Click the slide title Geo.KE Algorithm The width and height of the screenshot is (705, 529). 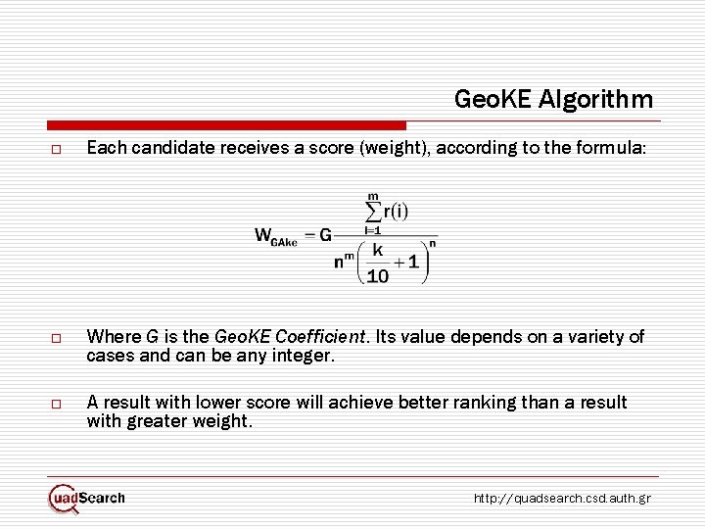553,99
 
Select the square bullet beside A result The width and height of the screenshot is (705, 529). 58,404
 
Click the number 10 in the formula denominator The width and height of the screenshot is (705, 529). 378,275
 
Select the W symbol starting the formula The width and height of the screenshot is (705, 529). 263,234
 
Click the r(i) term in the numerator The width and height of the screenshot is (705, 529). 396,211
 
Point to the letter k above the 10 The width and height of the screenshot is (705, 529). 376,250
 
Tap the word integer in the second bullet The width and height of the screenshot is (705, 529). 305,356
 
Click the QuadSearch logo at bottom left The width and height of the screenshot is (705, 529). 87,498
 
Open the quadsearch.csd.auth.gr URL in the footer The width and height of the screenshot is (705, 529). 561,499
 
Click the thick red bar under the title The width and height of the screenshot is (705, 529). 226,125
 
